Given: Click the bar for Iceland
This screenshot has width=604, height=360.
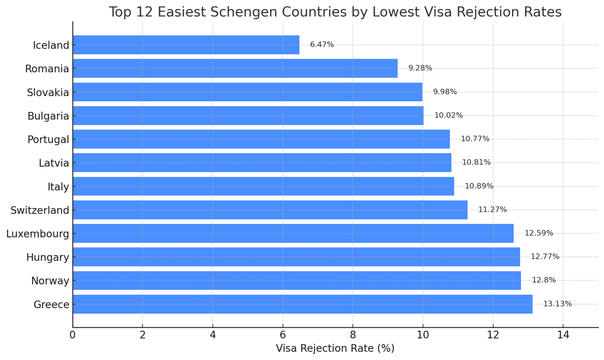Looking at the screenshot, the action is tap(186, 45).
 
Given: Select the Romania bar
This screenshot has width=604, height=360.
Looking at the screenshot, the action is tap(235, 68).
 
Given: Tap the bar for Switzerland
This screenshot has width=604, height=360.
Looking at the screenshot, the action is tap(270, 210).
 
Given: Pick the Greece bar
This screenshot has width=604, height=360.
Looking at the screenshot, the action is tap(303, 304).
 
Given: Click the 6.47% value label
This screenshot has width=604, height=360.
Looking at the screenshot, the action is tap(322, 45).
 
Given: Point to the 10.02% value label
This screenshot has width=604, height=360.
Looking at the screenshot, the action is tap(448, 115).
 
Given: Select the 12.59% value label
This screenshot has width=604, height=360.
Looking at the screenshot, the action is tap(539, 233).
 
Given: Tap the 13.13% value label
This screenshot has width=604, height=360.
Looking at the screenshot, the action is tap(558, 304).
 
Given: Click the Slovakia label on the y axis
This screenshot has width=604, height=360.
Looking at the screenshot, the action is tap(48, 92).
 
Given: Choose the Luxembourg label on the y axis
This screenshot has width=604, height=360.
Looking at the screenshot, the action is tap(38, 233).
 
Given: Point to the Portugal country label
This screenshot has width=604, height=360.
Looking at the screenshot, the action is tap(49, 140).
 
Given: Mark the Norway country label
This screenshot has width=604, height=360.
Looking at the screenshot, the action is tap(50, 281).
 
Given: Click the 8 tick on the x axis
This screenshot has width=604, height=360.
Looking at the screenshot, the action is tap(353, 335).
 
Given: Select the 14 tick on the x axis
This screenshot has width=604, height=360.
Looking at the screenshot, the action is tap(563, 335).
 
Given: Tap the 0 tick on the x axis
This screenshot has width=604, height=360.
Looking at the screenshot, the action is tap(73, 335).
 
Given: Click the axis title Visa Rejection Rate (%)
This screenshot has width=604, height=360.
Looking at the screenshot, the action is tap(335, 348).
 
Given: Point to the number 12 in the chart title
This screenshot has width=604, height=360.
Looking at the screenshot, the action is tap(145, 12).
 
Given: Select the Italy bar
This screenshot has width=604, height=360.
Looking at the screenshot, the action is tap(264, 186).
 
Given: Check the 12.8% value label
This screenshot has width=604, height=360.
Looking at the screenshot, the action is tap(544, 280).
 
